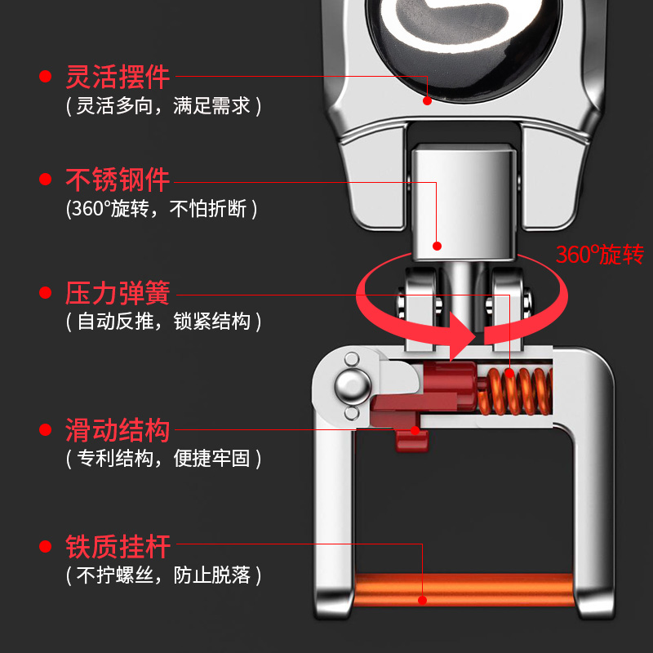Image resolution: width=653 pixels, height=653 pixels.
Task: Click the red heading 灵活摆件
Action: [x=118, y=77]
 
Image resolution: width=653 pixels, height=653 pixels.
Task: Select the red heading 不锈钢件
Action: [x=118, y=180]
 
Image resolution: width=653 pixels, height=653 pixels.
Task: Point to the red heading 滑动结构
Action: [x=118, y=430]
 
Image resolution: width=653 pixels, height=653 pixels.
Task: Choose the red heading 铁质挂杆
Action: [x=118, y=545]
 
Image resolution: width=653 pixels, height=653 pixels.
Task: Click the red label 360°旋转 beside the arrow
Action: [x=600, y=255]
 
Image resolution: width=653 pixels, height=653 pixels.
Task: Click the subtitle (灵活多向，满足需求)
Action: [x=163, y=106]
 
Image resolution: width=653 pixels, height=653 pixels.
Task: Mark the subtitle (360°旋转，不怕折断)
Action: [x=162, y=209]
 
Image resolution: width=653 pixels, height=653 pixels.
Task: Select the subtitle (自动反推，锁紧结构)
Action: [x=163, y=322]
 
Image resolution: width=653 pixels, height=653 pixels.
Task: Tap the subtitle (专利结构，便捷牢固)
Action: [x=163, y=459]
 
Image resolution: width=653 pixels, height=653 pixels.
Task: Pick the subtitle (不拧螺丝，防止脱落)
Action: [x=163, y=575]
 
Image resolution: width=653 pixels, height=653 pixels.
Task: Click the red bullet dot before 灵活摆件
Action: [x=45, y=78]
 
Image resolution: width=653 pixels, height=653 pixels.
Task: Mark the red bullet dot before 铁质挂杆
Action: [x=45, y=545]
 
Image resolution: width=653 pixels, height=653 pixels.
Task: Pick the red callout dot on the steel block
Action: [x=438, y=245]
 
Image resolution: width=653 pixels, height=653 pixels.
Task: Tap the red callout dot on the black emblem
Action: [x=426, y=100]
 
